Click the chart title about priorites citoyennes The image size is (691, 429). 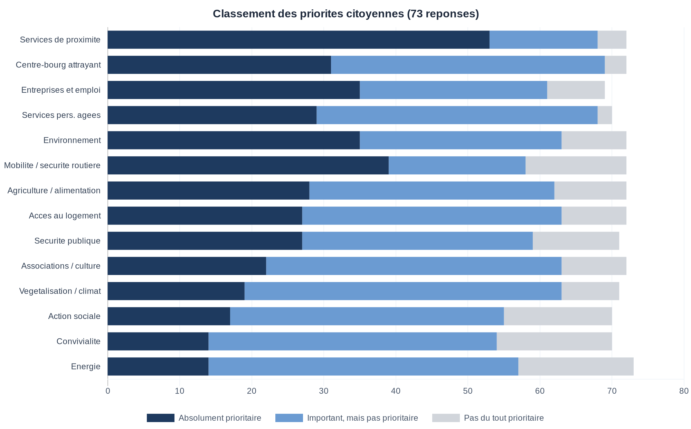click(345, 14)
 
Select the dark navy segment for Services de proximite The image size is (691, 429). click(299, 40)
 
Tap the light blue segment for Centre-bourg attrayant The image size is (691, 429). click(468, 65)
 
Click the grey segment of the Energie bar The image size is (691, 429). click(576, 366)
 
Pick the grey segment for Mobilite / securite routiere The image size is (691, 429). click(576, 165)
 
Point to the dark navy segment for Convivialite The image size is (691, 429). click(158, 341)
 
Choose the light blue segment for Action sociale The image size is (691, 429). click(367, 316)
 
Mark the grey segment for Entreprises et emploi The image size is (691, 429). click(576, 90)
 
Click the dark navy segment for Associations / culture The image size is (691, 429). click(187, 266)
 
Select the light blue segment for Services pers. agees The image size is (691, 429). click(457, 115)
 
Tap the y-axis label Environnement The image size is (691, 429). click(72, 140)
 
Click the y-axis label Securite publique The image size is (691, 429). click(67, 241)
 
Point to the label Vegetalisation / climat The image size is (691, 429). click(60, 291)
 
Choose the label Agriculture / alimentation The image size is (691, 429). click(54, 191)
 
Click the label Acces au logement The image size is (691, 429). click(65, 216)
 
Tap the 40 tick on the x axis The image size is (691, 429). click(396, 391)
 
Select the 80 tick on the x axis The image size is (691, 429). click(684, 391)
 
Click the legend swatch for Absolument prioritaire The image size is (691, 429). click(161, 418)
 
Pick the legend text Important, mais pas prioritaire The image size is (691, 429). click(362, 418)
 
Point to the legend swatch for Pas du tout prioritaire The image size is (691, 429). click(446, 418)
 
